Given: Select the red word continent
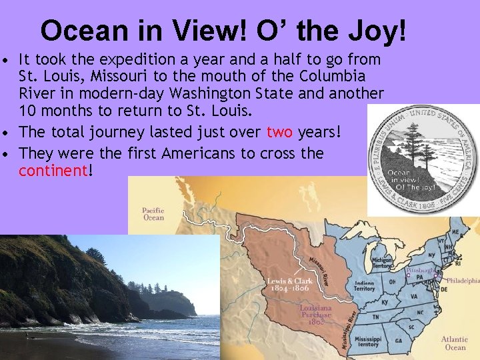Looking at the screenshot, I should pyautogui.click(x=53, y=170).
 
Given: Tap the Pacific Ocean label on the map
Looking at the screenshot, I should pyautogui.click(x=153, y=214).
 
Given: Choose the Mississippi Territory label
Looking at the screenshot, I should pyautogui.click(x=368, y=342).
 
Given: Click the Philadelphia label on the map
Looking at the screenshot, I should pyautogui.click(x=463, y=281).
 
